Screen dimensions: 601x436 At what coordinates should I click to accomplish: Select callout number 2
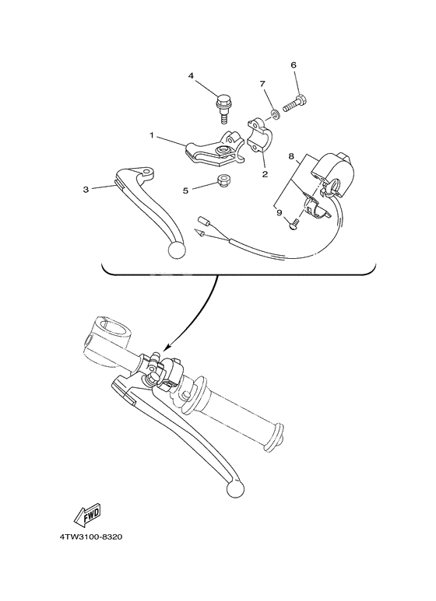264,174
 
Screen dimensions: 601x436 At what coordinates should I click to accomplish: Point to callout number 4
190,76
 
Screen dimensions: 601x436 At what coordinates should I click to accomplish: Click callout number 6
294,65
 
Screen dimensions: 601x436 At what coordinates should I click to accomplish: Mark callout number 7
262,83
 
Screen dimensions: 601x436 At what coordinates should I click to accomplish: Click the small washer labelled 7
275,115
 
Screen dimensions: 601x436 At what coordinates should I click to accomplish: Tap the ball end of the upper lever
177,250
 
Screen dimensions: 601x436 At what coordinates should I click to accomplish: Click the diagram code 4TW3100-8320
91,537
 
